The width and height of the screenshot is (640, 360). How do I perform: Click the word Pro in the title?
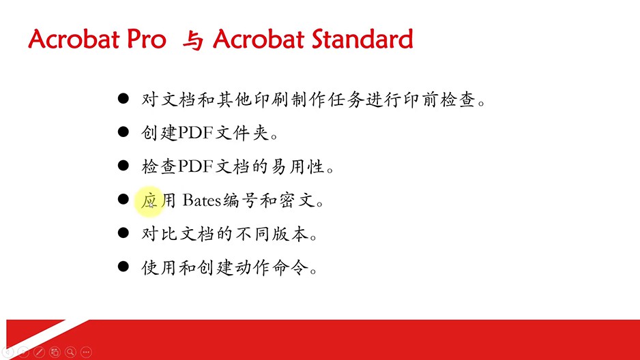click(x=147, y=39)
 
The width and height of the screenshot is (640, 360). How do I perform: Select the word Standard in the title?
click(x=362, y=39)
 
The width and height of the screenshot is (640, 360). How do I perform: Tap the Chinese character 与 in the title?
click(x=192, y=40)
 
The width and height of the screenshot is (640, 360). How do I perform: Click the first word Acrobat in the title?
click(x=74, y=39)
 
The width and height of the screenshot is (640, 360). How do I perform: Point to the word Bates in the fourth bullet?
click(x=202, y=200)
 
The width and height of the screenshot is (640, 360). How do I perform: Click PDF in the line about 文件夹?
click(x=196, y=132)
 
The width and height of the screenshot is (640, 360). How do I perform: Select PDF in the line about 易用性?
click(x=196, y=166)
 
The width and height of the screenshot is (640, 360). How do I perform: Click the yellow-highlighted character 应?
click(x=149, y=200)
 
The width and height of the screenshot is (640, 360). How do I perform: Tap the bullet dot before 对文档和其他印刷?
click(x=123, y=98)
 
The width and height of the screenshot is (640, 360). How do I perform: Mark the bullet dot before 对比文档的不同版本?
click(x=123, y=232)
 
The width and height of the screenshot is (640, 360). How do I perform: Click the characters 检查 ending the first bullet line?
click(x=458, y=99)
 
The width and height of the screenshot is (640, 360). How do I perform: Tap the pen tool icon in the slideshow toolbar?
click(x=39, y=352)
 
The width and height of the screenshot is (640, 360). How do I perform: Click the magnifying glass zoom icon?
click(x=70, y=352)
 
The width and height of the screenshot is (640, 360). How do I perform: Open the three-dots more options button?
click(x=86, y=352)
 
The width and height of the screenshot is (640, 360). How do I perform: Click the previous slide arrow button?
click(x=8, y=352)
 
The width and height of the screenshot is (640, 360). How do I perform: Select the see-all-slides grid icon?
click(x=55, y=352)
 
